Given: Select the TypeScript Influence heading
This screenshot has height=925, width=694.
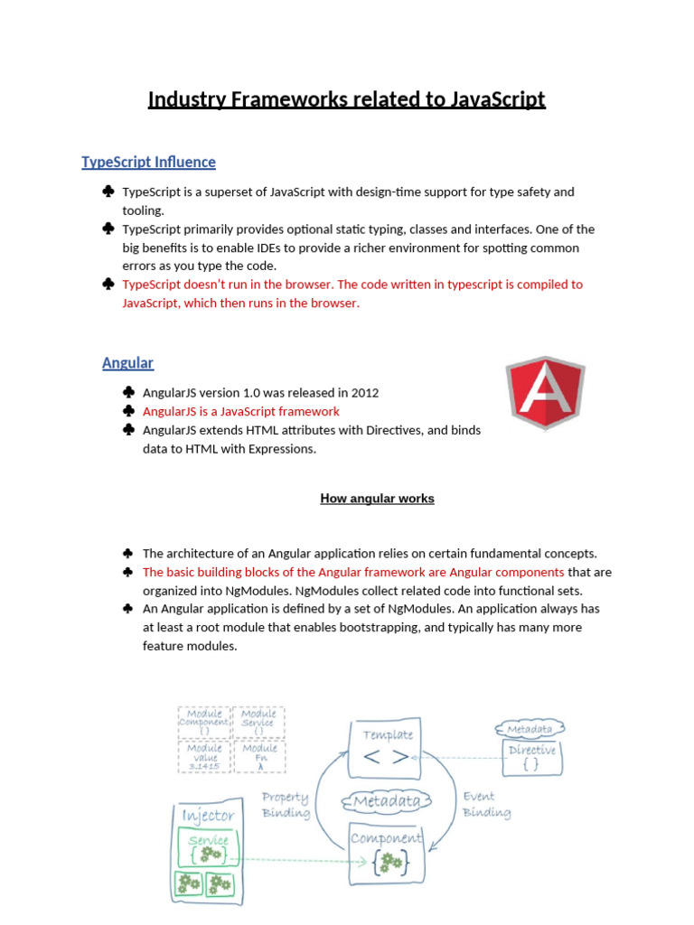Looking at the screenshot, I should click(148, 163).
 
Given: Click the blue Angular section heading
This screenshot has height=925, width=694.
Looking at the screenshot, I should click(127, 363).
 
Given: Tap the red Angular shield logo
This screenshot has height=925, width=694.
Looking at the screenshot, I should click(545, 392).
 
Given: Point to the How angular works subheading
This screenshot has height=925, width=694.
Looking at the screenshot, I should click(377, 499).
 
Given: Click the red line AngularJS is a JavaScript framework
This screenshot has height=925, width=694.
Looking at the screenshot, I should click(241, 411).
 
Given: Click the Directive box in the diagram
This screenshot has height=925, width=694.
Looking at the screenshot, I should click(532, 757).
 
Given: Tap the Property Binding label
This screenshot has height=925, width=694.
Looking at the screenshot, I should click(286, 805).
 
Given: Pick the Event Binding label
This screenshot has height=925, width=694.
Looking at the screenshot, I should click(486, 805).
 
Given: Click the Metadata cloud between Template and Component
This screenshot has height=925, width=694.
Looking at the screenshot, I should click(386, 801).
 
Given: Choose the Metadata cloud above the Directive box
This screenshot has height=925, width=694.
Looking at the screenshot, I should click(530, 729).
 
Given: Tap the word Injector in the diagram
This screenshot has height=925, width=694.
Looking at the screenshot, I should click(208, 816).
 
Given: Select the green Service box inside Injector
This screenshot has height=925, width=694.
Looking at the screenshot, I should click(209, 848).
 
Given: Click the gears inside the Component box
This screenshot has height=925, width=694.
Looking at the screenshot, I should click(390, 863).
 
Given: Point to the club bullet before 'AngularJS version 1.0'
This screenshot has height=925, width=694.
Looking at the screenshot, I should click(128, 393).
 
